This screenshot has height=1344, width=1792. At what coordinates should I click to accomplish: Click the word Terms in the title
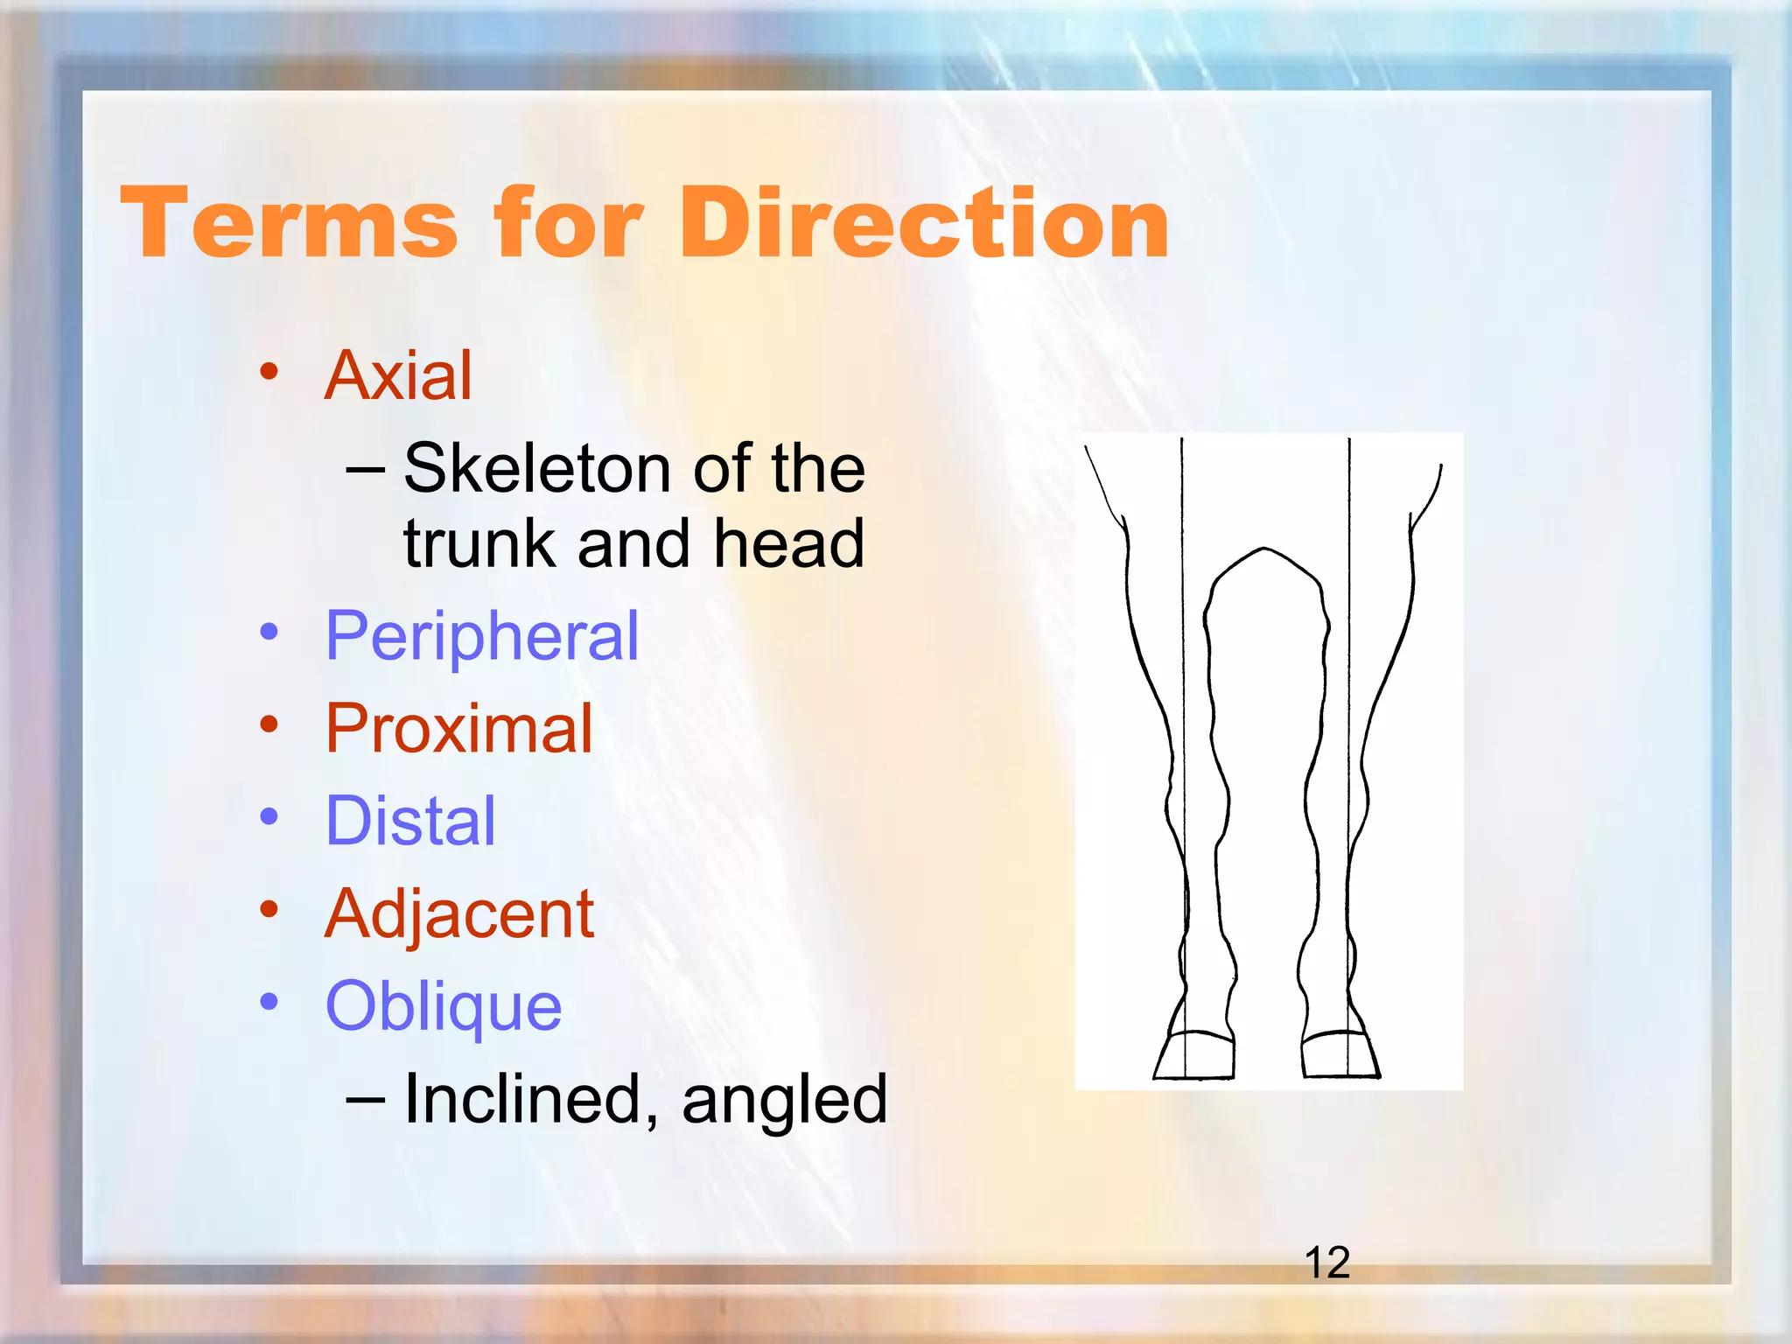point(289,224)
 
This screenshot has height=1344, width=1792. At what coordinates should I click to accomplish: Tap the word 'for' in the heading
point(569,224)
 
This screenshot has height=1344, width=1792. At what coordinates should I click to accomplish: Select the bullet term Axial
point(398,376)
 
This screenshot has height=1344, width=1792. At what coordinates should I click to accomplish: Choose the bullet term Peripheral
point(482,636)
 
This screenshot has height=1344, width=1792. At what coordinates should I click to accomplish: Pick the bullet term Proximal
point(458,729)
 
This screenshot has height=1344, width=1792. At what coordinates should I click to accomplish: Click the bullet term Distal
point(410,822)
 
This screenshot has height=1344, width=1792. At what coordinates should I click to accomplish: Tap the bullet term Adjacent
point(459,914)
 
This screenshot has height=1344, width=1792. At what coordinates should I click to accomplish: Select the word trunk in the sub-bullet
point(479,544)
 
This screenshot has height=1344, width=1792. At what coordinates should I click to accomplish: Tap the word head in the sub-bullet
point(789,544)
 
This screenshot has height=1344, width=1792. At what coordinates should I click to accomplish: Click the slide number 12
point(1326,1263)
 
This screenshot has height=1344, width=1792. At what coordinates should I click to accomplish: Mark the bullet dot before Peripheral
point(269,631)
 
